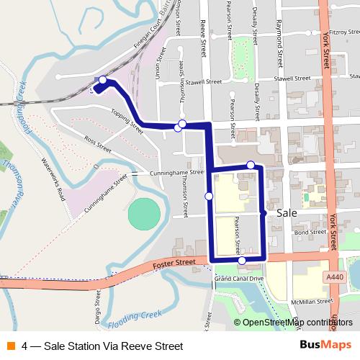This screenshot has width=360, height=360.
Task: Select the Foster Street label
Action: (175, 265)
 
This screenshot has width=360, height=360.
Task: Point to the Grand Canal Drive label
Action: (239, 278)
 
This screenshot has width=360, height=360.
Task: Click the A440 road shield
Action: (332, 275)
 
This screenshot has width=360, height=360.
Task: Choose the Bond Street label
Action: (310, 232)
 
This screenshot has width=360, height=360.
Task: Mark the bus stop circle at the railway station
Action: (103, 81)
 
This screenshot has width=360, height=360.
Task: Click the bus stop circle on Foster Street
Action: (243, 261)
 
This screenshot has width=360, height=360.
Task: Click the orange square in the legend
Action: (10, 346)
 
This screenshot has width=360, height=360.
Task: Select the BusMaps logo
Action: (325, 345)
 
